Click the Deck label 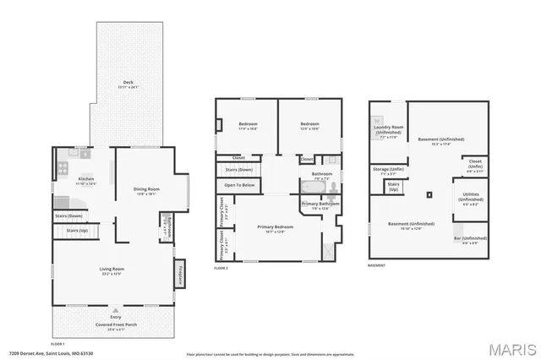point(126,82)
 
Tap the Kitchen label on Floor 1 point(86,179)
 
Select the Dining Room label point(147,189)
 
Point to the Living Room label point(112,270)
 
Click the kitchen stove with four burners point(63,167)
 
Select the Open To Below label point(240,184)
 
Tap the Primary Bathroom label point(319,204)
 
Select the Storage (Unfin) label point(388,170)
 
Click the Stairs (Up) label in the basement point(393,187)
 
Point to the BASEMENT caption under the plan point(377,265)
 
